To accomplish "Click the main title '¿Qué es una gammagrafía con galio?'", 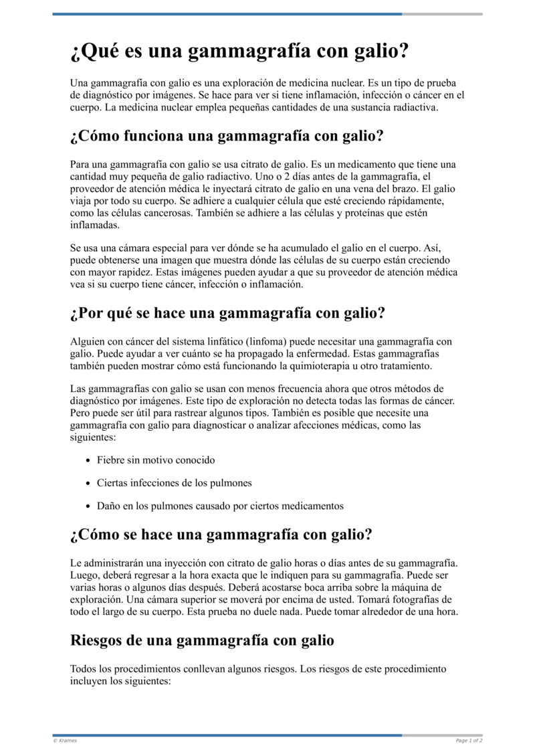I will (x=239, y=52).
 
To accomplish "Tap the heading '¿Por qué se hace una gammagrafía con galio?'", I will (x=227, y=312).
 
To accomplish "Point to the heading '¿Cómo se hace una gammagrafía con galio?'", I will (x=221, y=535).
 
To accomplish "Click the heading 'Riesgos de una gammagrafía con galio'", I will (x=202, y=640).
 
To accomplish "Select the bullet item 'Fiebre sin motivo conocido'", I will (x=156, y=460).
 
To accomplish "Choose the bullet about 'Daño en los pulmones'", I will (x=220, y=506).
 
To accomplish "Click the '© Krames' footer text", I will (x=65, y=741).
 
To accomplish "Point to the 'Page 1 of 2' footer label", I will (x=469, y=741).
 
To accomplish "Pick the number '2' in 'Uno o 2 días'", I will (x=304, y=177).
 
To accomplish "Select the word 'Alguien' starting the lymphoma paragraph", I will (x=86, y=342).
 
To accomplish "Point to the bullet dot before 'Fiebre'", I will (x=89, y=461).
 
